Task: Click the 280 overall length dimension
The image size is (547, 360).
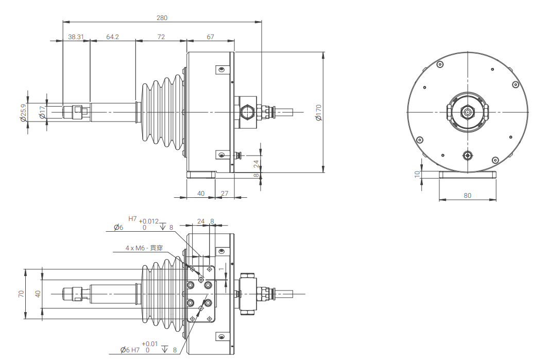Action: click(x=162, y=18)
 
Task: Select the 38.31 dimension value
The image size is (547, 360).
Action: click(x=76, y=37)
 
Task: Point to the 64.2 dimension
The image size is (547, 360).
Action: click(x=112, y=37)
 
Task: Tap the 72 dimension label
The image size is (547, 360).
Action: click(x=161, y=37)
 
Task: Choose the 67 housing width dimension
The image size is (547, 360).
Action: click(x=210, y=37)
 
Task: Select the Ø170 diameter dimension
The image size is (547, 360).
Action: click(x=318, y=112)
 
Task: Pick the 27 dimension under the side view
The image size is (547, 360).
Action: click(x=225, y=194)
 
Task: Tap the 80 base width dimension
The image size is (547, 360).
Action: click(x=467, y=196)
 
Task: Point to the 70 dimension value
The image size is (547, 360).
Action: click(x=21, y=294)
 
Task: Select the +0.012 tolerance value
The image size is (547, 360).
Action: click(x=149, y=221)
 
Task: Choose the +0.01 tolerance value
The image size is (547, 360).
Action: click(x=149, y=344)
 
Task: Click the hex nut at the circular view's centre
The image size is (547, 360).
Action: click(x=467, y=112)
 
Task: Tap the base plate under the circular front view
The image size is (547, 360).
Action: click(x=467, y=175)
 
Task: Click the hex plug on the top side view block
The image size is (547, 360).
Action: click(x=246, y=111)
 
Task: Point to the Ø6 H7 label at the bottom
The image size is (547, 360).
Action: click(x=130, y=350)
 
